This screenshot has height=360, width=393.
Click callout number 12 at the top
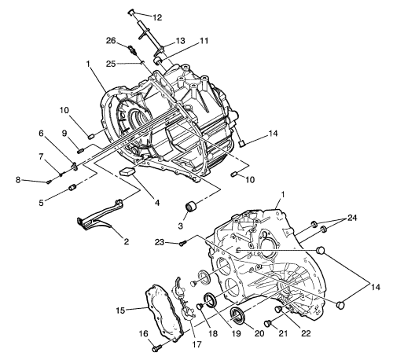pos(157,17)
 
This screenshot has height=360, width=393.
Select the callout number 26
pos(111,41)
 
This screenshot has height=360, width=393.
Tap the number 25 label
pos(111,64)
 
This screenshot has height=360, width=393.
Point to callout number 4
pos(156,203)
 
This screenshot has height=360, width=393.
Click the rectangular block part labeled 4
pos(127,171)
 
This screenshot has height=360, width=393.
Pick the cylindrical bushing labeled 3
pos(190,207)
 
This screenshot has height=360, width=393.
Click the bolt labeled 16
pos(156,349)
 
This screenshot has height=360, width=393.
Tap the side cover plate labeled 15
pos(163,312)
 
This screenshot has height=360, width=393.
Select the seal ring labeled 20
pos(237,314)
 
